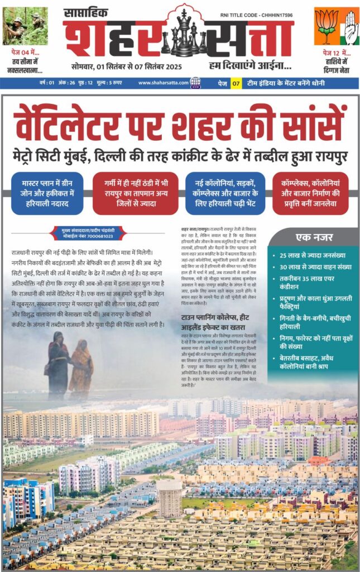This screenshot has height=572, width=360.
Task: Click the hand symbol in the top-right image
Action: (348, 27)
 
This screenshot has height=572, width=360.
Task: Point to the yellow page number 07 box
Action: (236, 83)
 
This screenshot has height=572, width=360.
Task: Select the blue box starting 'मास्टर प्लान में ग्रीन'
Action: (47, 193)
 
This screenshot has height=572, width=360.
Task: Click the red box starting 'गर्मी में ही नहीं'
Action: (136, 193)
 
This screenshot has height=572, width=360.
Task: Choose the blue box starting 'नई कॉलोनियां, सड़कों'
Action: (225, 193)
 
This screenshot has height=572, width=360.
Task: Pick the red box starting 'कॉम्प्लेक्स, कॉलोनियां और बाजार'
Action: (311, 193)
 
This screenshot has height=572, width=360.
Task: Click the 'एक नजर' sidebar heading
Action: (312, 236)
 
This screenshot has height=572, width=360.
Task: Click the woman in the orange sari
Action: (82, 368)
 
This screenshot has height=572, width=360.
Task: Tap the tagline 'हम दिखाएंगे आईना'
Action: (250, 66)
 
